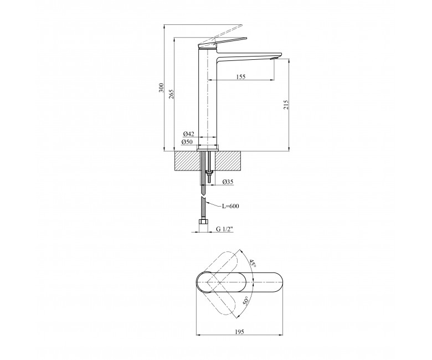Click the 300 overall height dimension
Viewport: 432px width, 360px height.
pyautogui.click(x=162, y=88)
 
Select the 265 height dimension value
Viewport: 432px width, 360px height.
pyautogui.click(x=172, y=95)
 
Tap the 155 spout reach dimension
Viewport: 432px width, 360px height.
pyautogui.click(x=241, y=77)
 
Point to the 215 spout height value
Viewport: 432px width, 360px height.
pyautogui.click(x=286, y=105)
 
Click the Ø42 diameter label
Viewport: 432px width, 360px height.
pyautogui.click(x=189, y=134)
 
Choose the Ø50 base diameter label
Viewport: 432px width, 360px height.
pyautogui.click(x=187, y=142)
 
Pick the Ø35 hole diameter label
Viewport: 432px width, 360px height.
pyautogui.click(x=228, y=182)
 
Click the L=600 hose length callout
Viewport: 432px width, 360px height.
pyautogui.click(x=230, y=206)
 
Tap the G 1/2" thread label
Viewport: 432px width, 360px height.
pyautogui.click(x=224, y=229)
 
